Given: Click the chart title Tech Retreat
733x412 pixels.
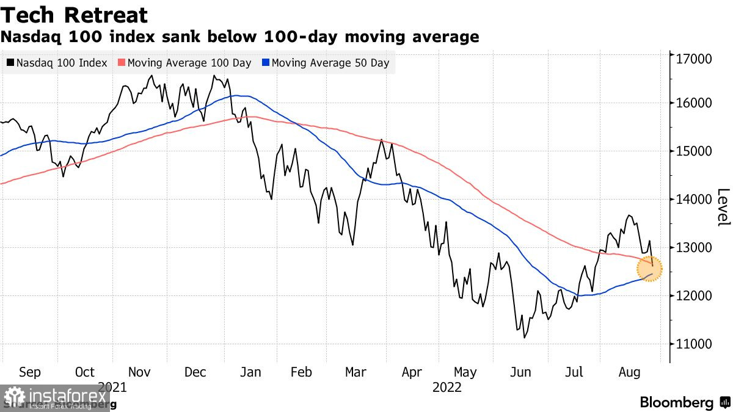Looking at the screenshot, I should (x=74, y=15).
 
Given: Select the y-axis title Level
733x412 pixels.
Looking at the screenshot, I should (x=723, y=208).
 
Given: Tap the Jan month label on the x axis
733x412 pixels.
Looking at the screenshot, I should (x=250, y=372).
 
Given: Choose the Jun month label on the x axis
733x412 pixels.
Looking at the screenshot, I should (x=521, y=372).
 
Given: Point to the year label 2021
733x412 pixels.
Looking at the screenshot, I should (x=112, y=388).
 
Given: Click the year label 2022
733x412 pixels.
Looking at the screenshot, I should (x=447, y=388).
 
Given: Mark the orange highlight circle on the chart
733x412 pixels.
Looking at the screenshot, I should (x=649, y=269).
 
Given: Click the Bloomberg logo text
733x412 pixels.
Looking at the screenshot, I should (x=676, y=403).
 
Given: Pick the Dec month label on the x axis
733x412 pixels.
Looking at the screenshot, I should (x=195, y=372).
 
